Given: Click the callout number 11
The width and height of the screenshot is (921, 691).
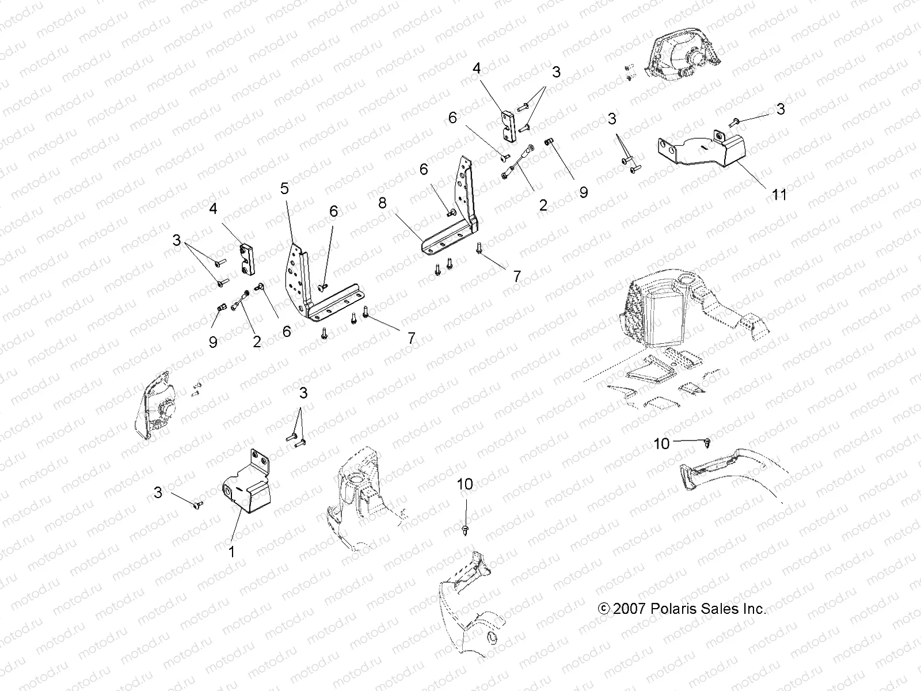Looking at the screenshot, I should pos(778,195).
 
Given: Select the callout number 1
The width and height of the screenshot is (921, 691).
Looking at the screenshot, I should pos(232,552).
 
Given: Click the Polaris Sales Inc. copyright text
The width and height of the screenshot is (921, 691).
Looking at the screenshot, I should pos(682,609).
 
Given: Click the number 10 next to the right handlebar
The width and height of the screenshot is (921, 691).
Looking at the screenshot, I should pos(662,443).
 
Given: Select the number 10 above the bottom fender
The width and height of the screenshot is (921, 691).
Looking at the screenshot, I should pos(465,484).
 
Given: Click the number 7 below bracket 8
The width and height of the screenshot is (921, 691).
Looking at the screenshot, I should pos(516,276).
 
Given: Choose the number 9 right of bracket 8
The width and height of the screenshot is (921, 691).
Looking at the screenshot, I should pos(583,192).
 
